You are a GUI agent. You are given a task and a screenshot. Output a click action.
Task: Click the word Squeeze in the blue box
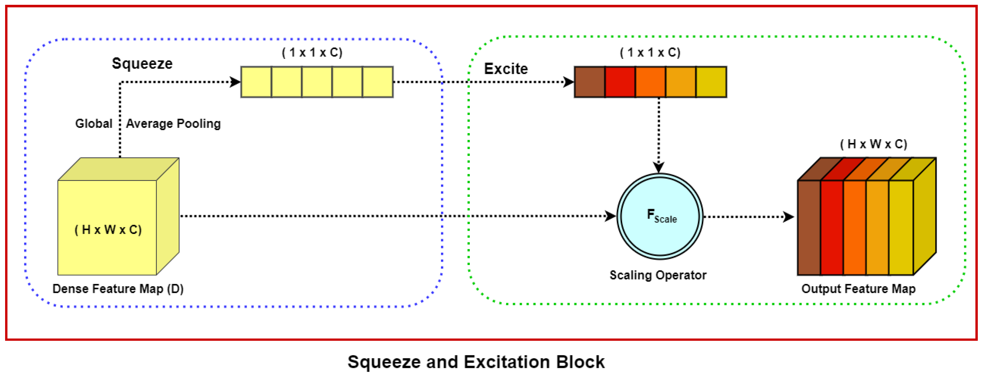coord(142,63)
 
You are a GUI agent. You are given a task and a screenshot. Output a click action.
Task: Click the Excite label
coord(506,69)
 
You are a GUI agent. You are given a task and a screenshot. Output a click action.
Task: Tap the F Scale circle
coord(660,216)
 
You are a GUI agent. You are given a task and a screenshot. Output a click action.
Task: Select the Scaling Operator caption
coord(658,275)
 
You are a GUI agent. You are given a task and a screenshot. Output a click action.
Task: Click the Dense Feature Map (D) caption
coord(118,289)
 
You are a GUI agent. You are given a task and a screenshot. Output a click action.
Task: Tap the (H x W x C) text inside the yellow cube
coord(108,230)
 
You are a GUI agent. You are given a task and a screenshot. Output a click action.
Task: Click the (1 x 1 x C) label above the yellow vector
coord(312,52)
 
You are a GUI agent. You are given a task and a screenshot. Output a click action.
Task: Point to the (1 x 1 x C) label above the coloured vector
coord(650,52)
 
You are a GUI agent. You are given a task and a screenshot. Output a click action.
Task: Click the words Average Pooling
coord(173,123)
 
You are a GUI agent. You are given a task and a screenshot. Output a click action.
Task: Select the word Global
coord(94,123)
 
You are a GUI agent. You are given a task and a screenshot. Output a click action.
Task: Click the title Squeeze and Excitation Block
coord(476,362)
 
